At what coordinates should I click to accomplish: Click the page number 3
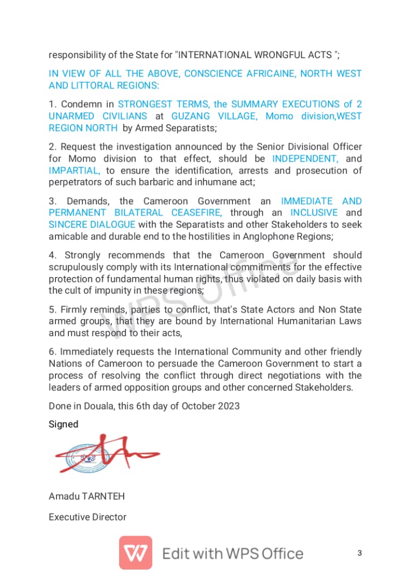[x=359, y=553]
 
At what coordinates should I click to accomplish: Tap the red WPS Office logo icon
[x=136, y=553]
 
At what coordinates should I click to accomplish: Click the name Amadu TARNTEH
[x=87, y=496]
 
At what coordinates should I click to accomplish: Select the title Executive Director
[x=88, y=517]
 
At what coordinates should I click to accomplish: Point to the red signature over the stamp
[x=108, y=454]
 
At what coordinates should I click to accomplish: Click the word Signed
[x=63, y=424]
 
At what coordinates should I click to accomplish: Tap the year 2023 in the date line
[x=228, y=406]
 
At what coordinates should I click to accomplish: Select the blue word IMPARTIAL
[x=74, y=170]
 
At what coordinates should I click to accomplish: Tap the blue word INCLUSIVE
[x=314, y=213]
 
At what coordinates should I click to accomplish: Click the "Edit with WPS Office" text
[x=233, y=553]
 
